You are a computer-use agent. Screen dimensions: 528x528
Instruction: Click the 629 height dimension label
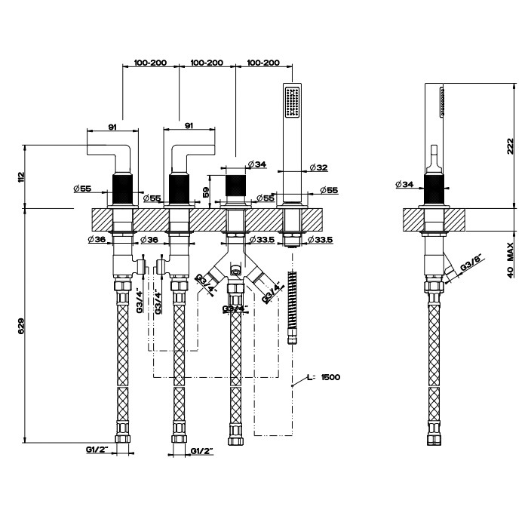tap(22, 324)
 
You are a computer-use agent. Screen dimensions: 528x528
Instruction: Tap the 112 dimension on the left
tap(22, 176)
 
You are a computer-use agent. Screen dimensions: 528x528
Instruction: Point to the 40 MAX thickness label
tap(510, 260)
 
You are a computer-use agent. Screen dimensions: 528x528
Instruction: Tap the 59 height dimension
tap(207, 192)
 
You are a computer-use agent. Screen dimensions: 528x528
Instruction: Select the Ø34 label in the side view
tap(404, 184)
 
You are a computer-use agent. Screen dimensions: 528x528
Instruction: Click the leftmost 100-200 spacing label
tap(150, 63)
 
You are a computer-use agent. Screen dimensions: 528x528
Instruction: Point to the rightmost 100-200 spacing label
tap(263, 63)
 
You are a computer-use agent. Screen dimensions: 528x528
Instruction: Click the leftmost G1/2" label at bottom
tap(97, 450)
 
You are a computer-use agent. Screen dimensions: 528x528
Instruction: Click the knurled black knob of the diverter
tap(236, 186)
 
